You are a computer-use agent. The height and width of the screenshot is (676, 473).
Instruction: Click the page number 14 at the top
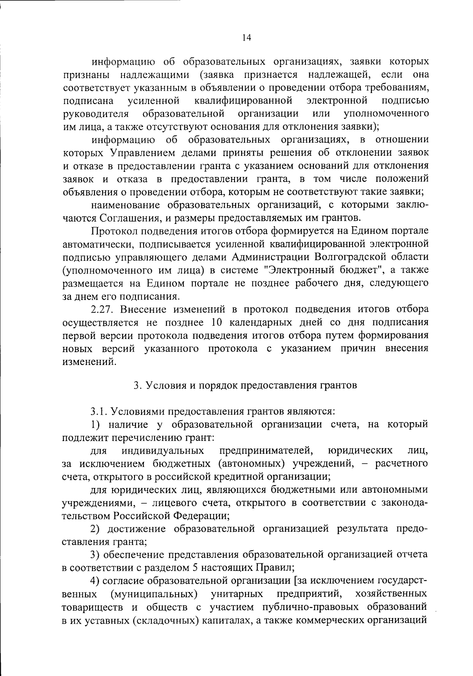pyautogui.click(x=247, y=37)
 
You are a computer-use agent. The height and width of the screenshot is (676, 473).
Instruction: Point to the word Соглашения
pyautogui.click(x=128, y=218)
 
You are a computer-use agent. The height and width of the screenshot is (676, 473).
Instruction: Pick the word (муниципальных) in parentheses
pyautogui.click(x=154, y=594)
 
